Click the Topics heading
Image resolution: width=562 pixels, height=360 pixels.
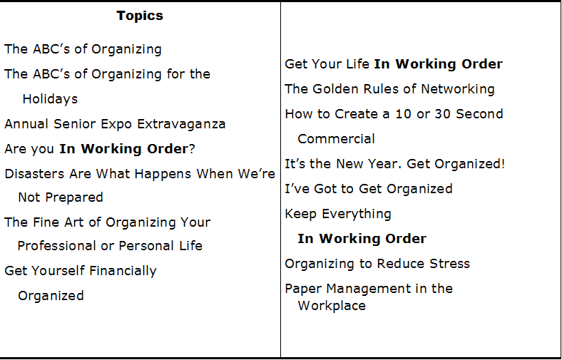point(140,16)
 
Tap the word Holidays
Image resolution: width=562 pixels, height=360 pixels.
point(50,99)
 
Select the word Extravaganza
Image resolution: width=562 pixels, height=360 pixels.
point(181,124)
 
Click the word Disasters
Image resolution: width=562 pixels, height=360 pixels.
point(35,174)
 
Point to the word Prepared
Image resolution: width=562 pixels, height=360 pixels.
point(74,197)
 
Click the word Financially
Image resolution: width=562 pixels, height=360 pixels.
point(123,271)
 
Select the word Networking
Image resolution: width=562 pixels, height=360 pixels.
point(458,89)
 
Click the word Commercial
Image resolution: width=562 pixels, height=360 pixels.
point(336,139)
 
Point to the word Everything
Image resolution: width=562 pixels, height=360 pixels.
point(357,214)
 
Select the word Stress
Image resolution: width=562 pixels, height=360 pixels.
point(449,264)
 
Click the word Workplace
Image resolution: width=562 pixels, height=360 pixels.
point(332,306)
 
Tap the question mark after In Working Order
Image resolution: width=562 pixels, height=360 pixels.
point(192,149)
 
